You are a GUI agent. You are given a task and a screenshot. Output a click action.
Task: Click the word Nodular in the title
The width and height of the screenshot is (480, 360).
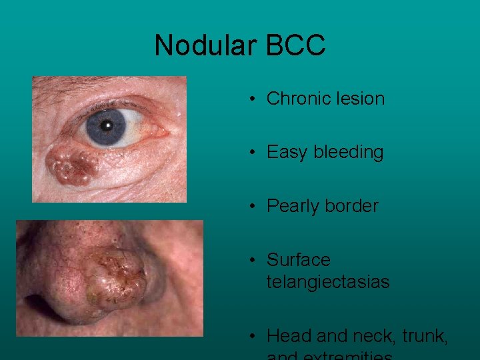tap(206, 46)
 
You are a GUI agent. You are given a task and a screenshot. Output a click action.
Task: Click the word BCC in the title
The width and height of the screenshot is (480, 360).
tap(295, 46)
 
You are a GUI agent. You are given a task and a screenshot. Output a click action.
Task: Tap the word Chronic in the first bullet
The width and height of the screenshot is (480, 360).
tap(297, 99)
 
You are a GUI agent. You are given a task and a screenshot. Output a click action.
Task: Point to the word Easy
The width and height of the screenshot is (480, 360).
tap(287, 153)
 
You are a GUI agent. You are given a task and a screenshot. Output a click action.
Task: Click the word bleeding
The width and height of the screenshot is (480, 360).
tap(348, 153)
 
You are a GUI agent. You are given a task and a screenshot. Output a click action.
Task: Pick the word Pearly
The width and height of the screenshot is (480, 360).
tap(294, 207)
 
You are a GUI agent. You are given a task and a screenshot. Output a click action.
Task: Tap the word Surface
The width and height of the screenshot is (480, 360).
tap(298, 260)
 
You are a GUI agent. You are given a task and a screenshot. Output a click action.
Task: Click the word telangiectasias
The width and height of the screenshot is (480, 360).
tap(327, 282)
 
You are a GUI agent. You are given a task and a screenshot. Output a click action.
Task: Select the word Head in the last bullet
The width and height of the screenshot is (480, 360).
tap(288, 336)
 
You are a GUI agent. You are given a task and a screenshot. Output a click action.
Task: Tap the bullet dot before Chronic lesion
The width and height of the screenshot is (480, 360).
tap(254, 99)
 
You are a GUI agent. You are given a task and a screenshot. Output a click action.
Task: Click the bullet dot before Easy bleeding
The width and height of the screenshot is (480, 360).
tap(254, 153)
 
